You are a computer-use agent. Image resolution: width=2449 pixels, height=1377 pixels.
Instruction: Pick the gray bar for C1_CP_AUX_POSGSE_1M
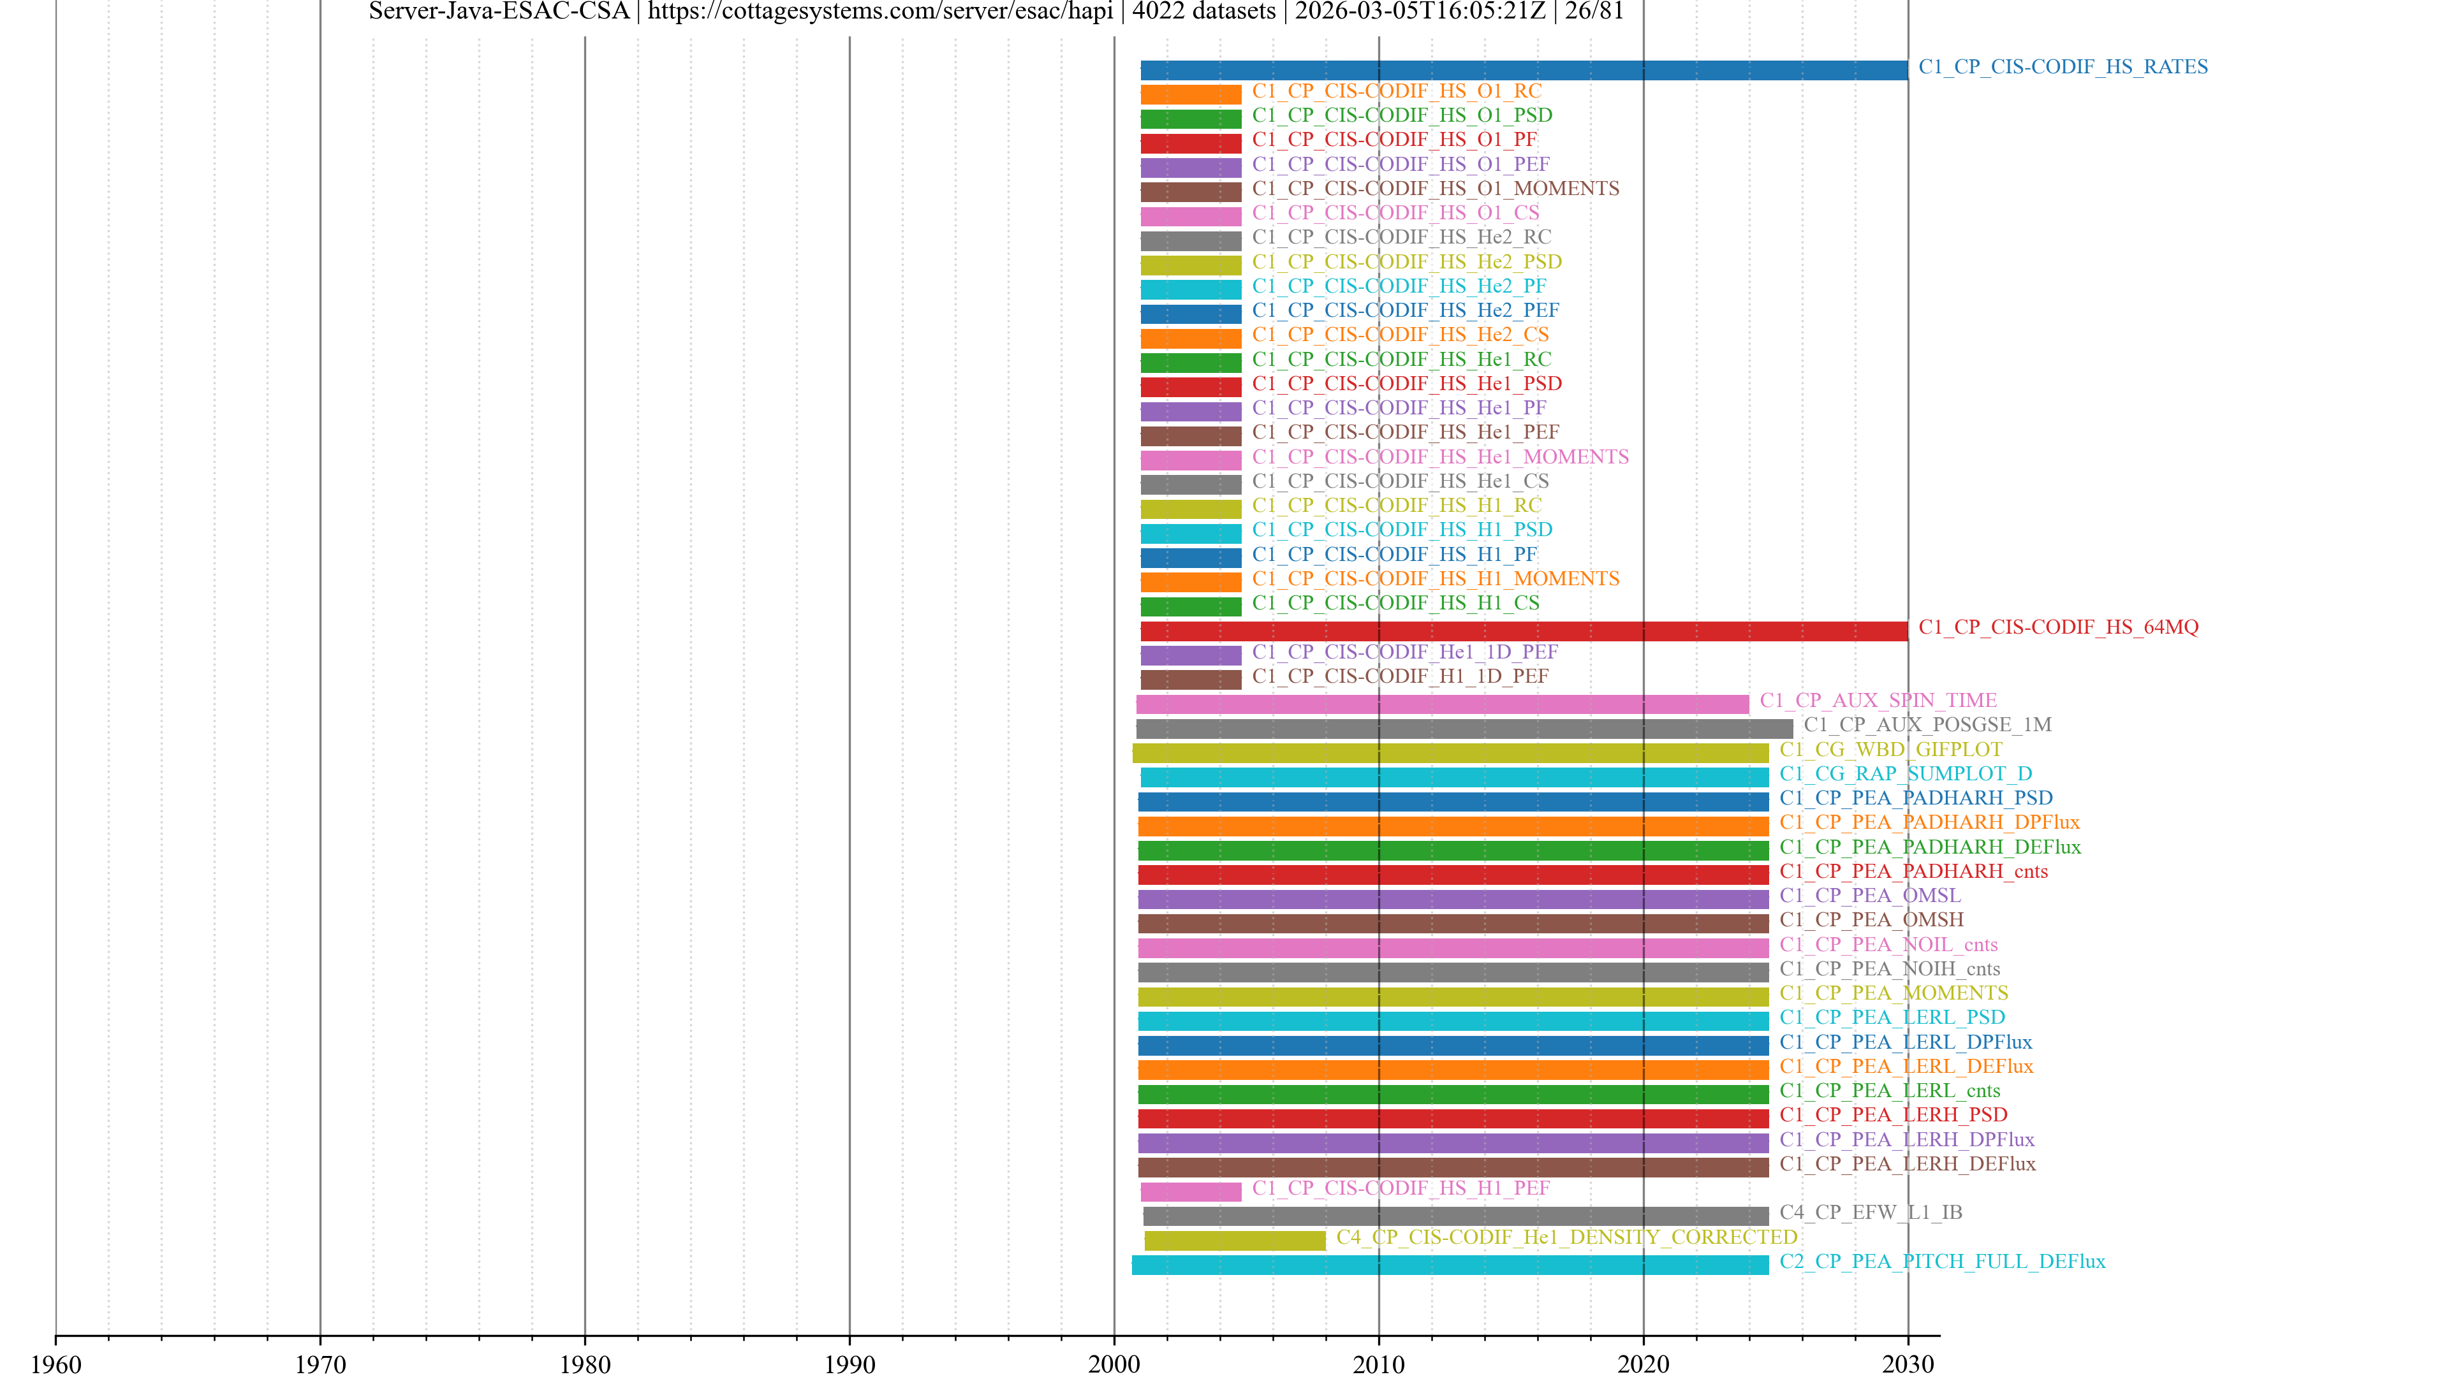tap(1464, 728)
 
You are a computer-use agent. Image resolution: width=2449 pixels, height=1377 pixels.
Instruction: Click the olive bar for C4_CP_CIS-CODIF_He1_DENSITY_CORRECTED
tap(1234, 1240)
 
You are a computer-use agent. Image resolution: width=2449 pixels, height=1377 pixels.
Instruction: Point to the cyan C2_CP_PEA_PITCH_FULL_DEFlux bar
tap(1450, 1265)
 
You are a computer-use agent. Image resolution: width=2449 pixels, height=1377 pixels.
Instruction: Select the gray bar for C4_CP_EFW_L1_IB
tap(1455, 1216)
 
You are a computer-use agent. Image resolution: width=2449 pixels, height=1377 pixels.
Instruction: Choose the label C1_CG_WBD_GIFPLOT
tap(1890, 749)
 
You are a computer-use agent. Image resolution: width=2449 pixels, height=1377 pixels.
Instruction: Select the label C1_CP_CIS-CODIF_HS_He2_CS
tap(1399, 335)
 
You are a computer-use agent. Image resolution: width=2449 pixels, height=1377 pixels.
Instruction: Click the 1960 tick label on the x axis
tap(56, 1364)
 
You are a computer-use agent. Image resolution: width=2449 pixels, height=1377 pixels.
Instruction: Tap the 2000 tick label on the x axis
tap(1114, 1364)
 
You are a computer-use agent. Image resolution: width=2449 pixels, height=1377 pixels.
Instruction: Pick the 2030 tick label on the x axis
tap(1907, 1364)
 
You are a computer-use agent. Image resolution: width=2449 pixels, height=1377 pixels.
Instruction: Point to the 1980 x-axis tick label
tap(585, 1364)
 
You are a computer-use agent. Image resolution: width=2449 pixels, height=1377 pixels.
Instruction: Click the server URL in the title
tap(879, 11)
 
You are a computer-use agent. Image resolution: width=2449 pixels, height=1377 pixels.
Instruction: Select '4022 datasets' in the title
tap(1203, 11)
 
